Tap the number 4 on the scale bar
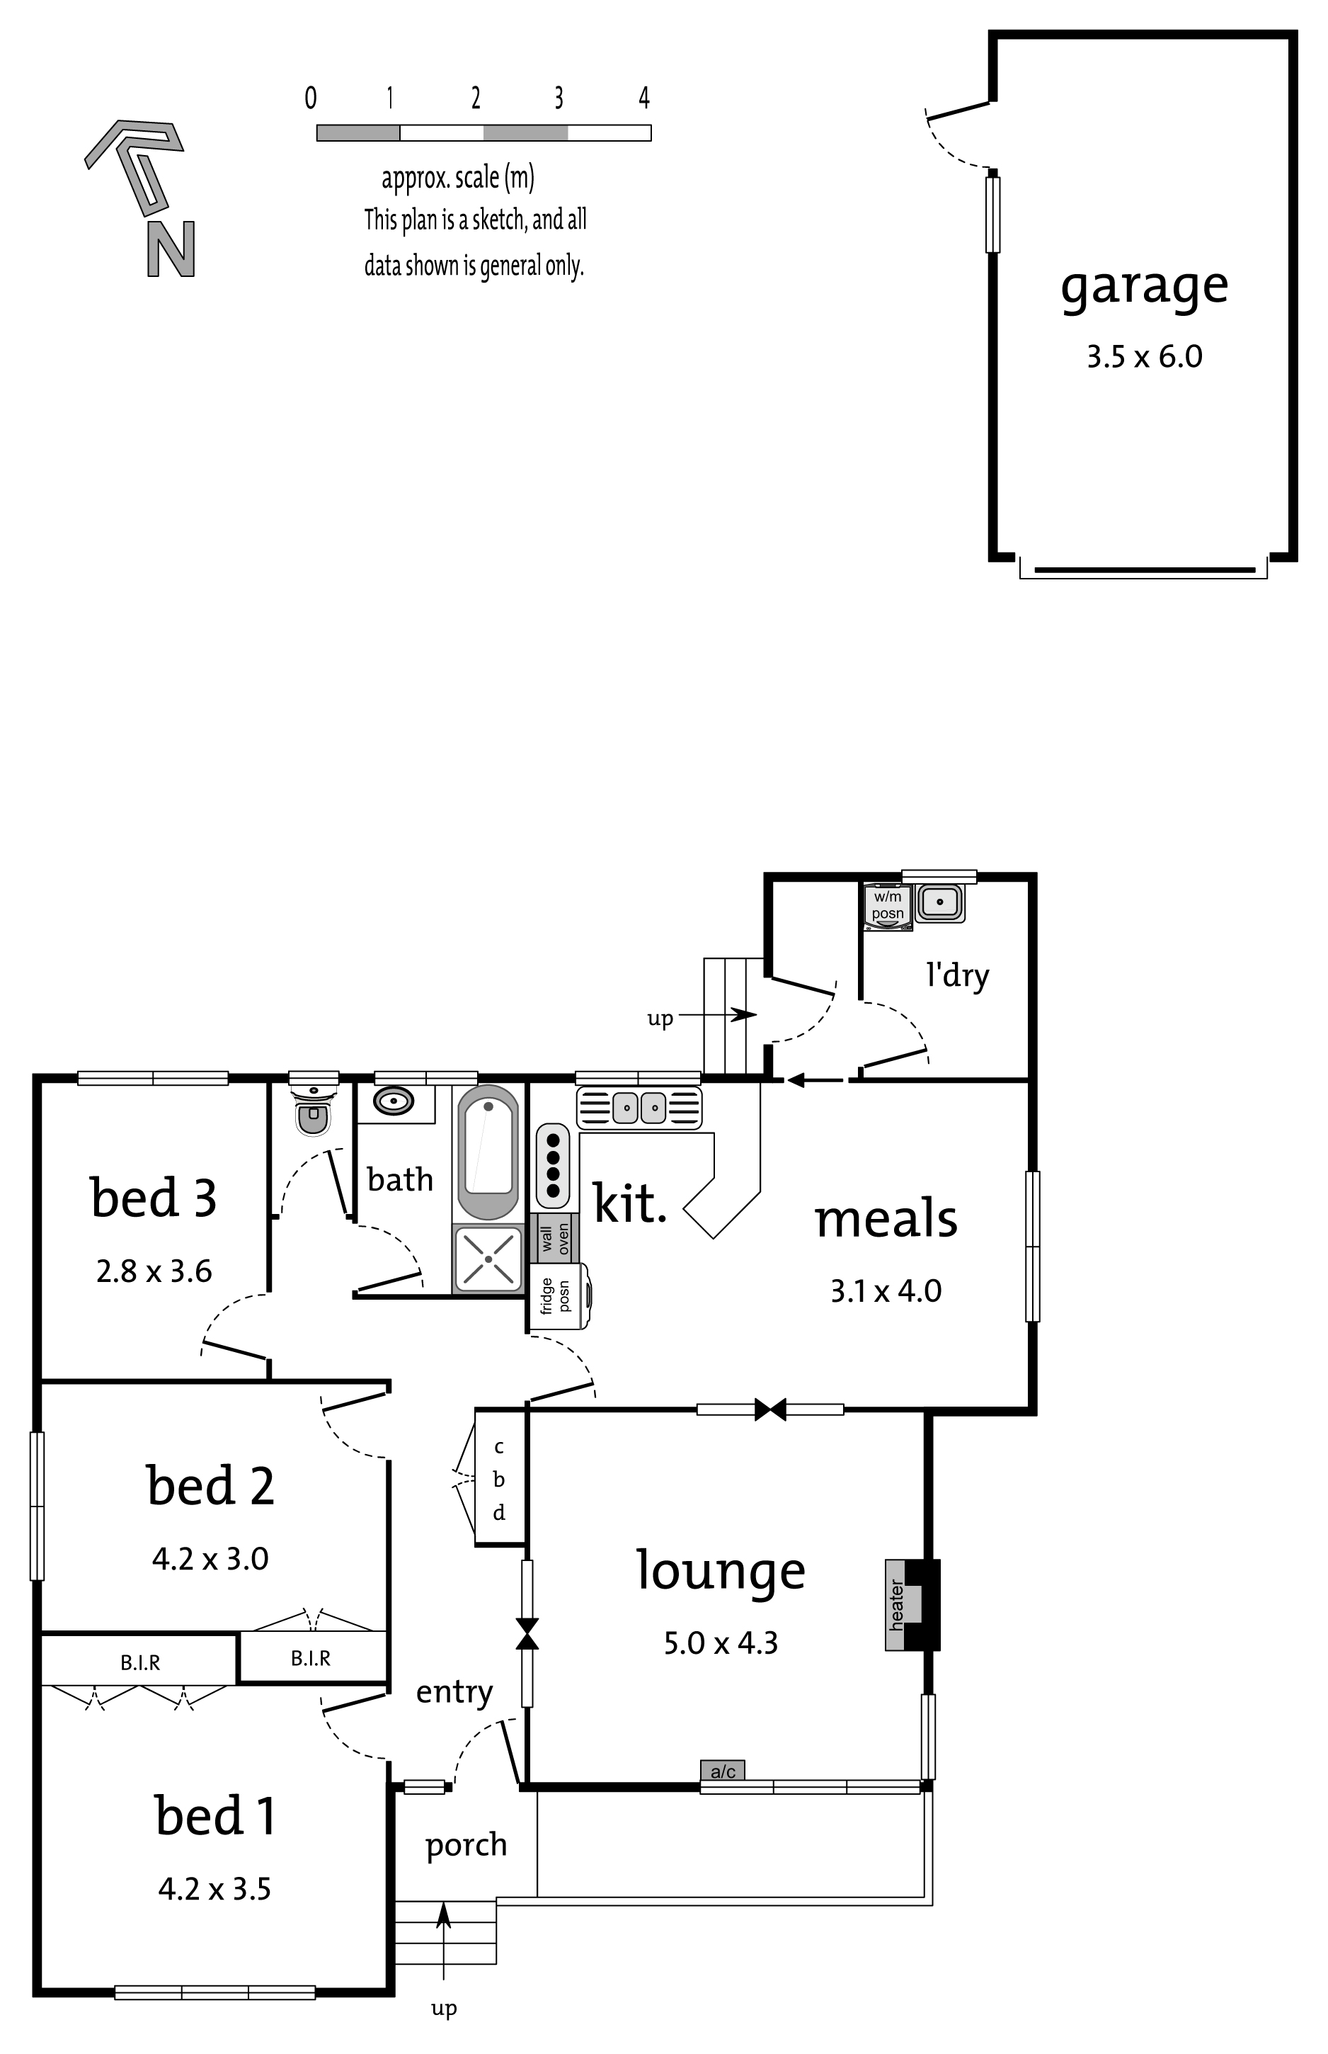[643, 98]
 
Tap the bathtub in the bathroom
[488, 1151]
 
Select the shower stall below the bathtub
[488, 1259]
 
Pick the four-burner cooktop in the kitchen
[553, 1165]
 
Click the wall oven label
[556, 1238]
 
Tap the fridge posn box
[558, 1295]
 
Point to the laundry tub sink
[940, 902]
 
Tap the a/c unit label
[723, 1765]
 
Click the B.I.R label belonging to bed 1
[139, 1662]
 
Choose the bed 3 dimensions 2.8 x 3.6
[154, 1271]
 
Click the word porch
[466, 1844]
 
